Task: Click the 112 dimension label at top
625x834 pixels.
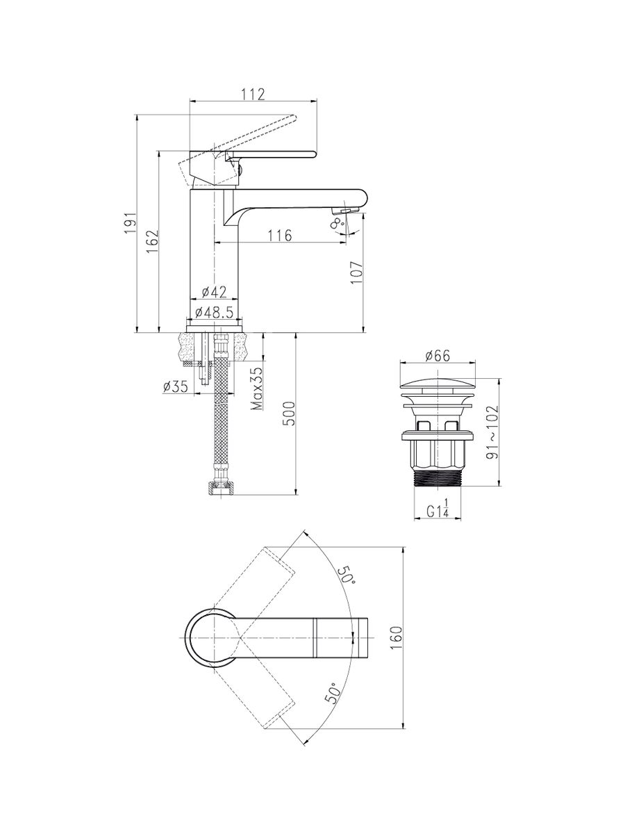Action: click(253, 94)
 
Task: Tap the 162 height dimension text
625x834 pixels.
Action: click(153, 241)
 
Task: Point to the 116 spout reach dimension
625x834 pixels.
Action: click(280, 235)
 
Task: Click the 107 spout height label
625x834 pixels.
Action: click(357, 273)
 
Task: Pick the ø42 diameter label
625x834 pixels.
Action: click(214, 292)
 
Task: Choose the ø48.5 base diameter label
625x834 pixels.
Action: click(214, 312)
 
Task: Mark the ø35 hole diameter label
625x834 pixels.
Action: click(175, 387)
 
